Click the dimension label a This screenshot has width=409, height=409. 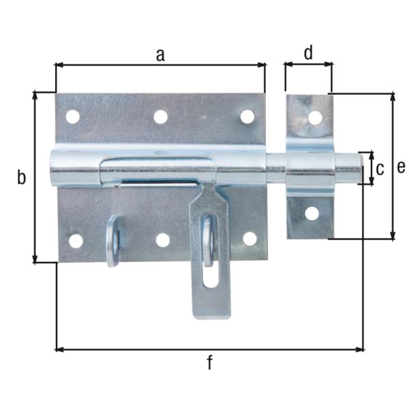160,55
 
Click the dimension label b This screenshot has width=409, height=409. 21,178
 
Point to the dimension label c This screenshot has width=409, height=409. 380,168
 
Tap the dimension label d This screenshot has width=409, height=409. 308,53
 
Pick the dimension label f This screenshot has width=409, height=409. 209,363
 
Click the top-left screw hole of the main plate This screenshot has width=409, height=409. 72,117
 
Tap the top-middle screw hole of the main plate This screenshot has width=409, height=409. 160,117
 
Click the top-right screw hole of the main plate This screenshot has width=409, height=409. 247,117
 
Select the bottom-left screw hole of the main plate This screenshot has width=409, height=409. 76,241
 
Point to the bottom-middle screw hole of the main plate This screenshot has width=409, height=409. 163,240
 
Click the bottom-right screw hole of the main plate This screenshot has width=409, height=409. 249,239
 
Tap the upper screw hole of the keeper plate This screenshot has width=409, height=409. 314,117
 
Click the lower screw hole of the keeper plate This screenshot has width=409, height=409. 312,213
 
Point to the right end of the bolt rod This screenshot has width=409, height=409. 359,168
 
